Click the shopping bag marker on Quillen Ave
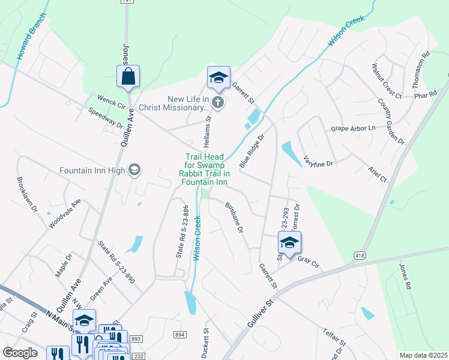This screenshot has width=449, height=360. pos(128,77)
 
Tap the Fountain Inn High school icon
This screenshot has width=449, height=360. pos(134,170)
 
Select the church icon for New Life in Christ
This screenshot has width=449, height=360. pos(218,103)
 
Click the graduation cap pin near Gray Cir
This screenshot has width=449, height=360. pos(289,243)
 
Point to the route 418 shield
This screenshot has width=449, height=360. pos(359,256)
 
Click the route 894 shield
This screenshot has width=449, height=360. pos(179,334)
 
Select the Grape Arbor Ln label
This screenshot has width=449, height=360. pos(353,128)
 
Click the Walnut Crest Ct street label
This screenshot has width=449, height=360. pos(386,80)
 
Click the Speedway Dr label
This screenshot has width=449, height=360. pos(105,118)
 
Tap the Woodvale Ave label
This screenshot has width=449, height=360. pos(65,214)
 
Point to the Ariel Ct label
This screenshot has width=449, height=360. pos(378,175)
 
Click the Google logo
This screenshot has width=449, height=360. pos(20,353)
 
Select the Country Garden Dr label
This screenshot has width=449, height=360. pos(392,121)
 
